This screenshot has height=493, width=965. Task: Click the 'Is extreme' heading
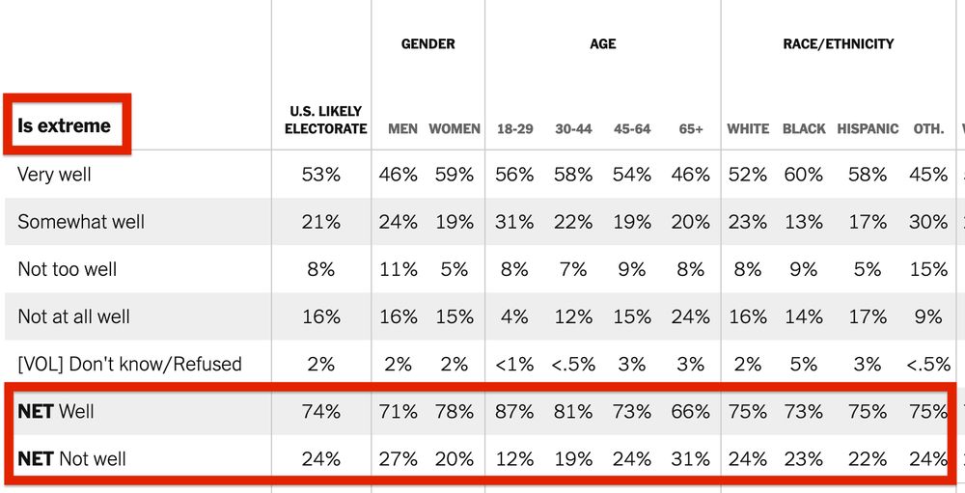pos(64,125)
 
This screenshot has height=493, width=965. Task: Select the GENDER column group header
pos(427,43)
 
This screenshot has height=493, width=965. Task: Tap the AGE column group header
pos(602,43)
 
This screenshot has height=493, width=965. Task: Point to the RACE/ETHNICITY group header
pos(838,43)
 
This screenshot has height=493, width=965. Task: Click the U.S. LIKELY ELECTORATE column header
pos(325,121)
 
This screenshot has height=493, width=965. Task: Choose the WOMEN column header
pos(455,128)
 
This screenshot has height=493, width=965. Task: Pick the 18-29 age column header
pos(515,128)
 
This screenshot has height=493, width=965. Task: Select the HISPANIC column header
pos(868,128)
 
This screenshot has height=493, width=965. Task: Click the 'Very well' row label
pos(55,175)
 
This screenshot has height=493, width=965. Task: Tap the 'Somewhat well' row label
pos(81,222)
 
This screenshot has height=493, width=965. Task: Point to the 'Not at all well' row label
pos(73,316)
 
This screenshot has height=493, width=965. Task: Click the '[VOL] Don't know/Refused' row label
pos(129,364)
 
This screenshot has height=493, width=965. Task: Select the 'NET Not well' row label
pos(71,458)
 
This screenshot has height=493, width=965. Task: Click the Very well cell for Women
pos(455,175)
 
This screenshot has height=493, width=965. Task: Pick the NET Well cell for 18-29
pos(514,411)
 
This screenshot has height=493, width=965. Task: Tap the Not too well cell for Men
pos(398,269)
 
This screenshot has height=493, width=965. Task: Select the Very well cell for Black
pos(803,175)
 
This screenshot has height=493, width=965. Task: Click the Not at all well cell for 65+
pos(690,316)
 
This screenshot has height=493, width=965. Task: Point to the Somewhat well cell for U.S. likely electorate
pos(321,222)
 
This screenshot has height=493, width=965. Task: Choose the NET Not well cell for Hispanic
pos(867,458)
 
